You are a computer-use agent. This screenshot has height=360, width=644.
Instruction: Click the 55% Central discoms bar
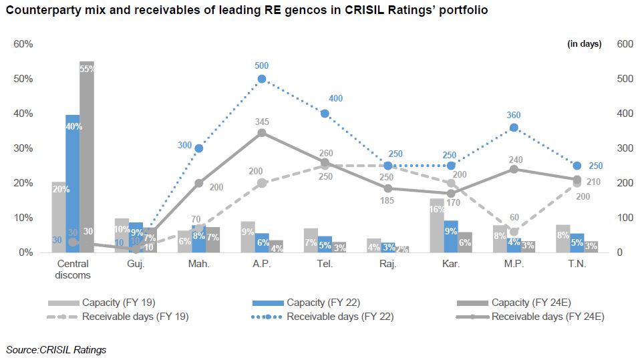click(87, 157)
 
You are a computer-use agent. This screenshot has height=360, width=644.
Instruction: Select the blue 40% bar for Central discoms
click(73, 184)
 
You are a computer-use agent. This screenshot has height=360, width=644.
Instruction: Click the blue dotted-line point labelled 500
click(262, 79)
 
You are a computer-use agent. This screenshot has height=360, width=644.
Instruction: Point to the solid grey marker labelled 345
click(262, 133)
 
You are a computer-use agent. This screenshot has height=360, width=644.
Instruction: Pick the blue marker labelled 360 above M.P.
click(514, 128)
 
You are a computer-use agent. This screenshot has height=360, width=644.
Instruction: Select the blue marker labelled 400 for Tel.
click(325, 114)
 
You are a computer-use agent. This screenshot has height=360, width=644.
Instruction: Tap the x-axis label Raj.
click(387, 264)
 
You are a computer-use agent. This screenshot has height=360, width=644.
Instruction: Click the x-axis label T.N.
click(577, 264)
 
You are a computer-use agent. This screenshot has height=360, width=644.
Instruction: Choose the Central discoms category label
click(73, 269)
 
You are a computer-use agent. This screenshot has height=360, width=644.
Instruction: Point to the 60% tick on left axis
click(23, 44)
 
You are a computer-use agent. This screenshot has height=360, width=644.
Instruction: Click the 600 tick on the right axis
click(624, 44)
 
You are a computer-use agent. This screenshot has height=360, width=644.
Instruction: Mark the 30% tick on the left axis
click(23, 148)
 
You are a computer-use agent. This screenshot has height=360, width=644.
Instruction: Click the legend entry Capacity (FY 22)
click(317, 303)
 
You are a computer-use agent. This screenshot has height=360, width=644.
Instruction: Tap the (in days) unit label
click(584, 44)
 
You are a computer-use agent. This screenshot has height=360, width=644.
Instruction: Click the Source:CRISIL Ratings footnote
click(56, 349)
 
